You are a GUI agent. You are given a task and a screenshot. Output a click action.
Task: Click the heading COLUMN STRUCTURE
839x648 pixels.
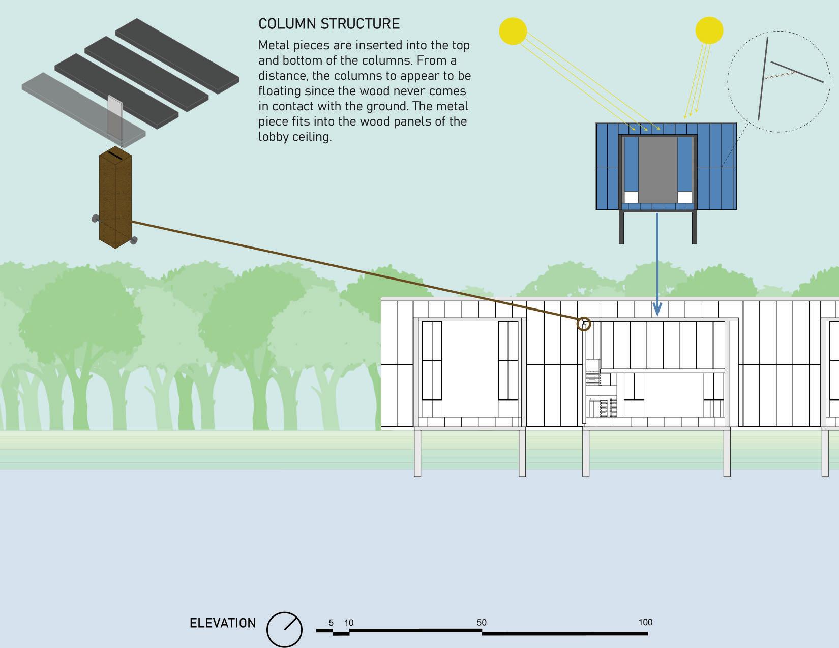(x=329, y=24)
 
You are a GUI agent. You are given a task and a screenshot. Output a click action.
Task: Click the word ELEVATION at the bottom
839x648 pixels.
(x=223, y=623)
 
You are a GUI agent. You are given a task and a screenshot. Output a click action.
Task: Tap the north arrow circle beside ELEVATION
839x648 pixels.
(x=284, y=629)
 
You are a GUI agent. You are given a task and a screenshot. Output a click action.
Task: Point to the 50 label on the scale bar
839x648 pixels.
(x=482, y=622)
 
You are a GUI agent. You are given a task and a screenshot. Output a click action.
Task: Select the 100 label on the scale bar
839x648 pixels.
(x=645, y=622)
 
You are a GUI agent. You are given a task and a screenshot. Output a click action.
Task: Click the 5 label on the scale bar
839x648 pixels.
(x=331, y=622)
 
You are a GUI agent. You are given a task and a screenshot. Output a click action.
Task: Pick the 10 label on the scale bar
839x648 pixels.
(x=349, y=622)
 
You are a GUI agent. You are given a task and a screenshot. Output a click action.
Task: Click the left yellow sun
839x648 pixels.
(x=513, y=31)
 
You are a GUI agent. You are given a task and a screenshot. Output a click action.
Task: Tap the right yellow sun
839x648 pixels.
(x=709, y=30)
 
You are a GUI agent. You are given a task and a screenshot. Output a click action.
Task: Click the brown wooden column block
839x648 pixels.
(x=115, y=201)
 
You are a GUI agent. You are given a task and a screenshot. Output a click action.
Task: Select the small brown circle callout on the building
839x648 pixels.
(x=584, y=324)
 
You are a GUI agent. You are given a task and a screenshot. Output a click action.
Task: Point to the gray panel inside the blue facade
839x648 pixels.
(x=657, y=170)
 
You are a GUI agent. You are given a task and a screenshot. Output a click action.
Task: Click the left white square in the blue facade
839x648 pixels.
(x=631, y=197)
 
